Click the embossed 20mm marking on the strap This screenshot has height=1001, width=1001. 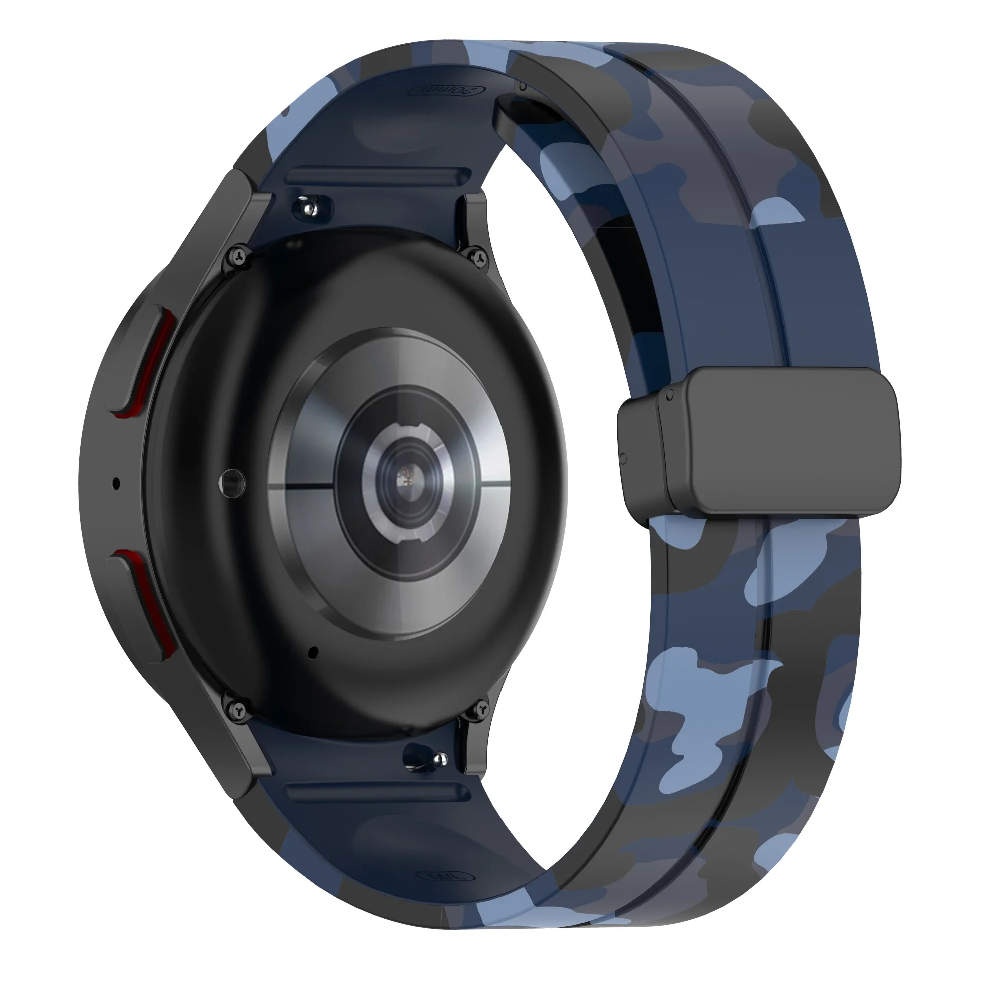click(446, 90)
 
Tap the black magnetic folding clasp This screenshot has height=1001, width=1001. click(777, 440)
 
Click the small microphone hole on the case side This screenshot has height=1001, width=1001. click(116, 484)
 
